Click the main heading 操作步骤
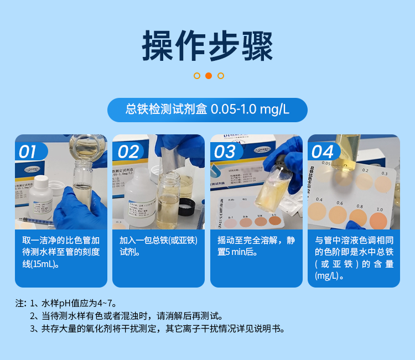click(x=207, y=45)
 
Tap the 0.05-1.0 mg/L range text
click(x=250, y=109)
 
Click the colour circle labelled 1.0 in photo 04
click(x=378, y=221)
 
